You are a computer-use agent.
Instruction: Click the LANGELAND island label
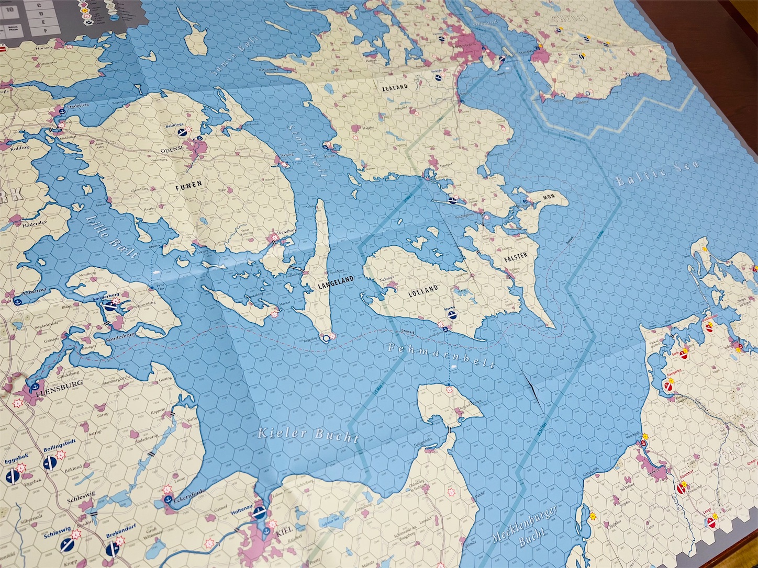[336, 280]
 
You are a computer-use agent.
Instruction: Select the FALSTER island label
[516, 256]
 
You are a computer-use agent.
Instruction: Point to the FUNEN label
[188, 184]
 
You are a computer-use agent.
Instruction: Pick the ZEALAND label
[395, 88]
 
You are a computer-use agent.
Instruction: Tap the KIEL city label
[283, 531]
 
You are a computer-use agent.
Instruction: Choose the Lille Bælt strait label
[112, 237]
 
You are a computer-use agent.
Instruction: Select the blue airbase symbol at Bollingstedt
[50, 461]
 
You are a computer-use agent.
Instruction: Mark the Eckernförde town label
[188, 493]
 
